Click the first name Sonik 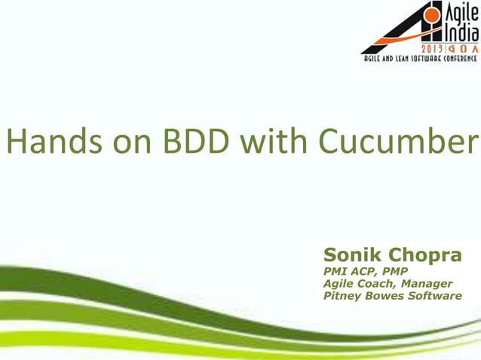pos(351,255)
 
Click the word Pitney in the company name pos(342,296)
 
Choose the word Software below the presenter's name pos(434,296)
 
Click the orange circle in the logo pos(433,14)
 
